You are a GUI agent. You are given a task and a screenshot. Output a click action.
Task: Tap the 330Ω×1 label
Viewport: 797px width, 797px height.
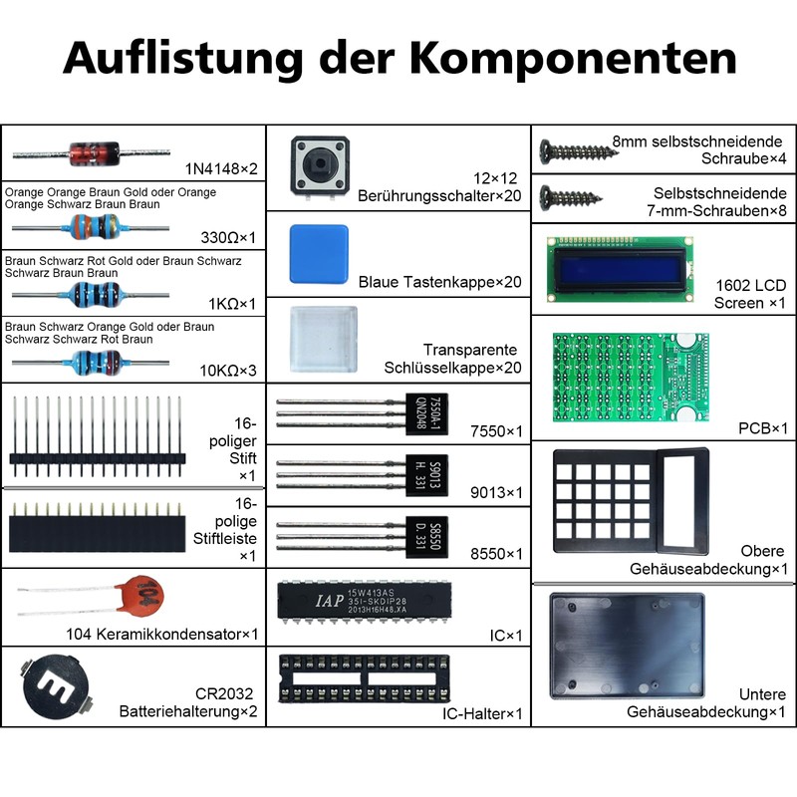coord(228,237)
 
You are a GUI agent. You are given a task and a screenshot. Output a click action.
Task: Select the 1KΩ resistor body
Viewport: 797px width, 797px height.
coord(94,295)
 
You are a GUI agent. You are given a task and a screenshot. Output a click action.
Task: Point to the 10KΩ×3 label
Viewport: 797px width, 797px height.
coord(228,371)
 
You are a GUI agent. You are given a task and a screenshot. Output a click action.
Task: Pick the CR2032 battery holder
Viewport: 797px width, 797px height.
coord(56,687)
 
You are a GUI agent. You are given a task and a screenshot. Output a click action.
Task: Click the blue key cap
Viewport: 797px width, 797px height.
coord(319,254)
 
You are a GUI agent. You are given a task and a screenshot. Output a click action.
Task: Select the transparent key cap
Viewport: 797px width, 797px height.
coord(323,339)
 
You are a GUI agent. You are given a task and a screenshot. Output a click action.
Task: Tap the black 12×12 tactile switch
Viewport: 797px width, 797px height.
coord(320,166)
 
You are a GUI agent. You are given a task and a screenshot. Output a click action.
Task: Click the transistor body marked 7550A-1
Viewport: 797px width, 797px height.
coord(426,413)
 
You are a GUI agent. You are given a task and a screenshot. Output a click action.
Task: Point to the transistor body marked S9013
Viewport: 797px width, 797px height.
coord(426,475)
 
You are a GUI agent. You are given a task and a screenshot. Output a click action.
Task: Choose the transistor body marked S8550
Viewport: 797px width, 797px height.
coord(426,537)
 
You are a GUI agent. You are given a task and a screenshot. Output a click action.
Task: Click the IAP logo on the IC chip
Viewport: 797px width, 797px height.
coord(330,601)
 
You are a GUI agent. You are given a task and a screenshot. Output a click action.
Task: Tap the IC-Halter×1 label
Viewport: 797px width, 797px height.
coord(482,713)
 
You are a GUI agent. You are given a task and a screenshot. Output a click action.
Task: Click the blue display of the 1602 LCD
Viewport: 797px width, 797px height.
coord(620,269)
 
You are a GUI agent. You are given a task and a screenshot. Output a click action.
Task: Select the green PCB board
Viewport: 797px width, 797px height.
coord(631,378)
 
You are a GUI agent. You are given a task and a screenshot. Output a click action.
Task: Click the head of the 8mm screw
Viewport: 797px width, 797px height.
coord(546,152)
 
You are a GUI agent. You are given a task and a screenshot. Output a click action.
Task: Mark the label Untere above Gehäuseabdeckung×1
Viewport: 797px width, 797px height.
coord(762,693)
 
